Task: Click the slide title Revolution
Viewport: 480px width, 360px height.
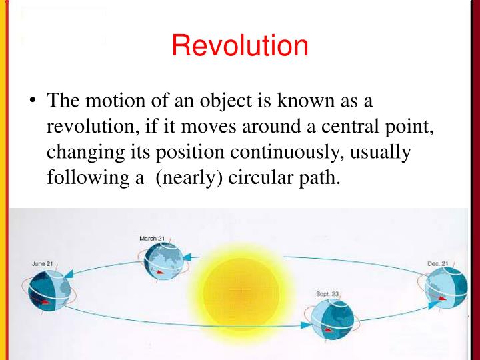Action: [x=239, y=45]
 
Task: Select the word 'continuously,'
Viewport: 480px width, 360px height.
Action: [x=280, y=152]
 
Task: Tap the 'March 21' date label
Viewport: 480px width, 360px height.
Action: [x=152, y=239]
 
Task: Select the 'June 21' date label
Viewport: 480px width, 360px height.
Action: [x=43, y=263]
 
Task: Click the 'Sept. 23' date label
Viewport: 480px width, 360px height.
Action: [x=328, y=293]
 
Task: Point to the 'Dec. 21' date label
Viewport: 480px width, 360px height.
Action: [x=438, y=263]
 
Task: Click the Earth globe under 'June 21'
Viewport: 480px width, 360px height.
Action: [x=48, y=292]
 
